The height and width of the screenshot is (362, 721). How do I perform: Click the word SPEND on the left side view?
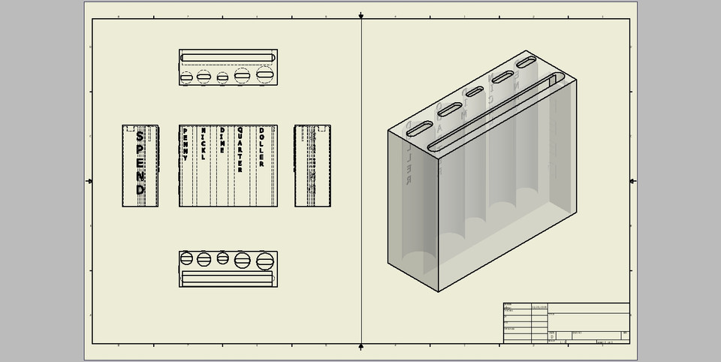[140, 163]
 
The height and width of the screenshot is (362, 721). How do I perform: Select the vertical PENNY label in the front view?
[186, 144]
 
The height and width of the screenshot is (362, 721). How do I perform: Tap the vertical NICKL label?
[203, 143]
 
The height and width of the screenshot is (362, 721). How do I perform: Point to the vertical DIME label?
[222, 140]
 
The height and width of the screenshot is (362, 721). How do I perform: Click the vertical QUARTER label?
[240, 149]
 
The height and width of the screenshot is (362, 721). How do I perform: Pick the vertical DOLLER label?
[261, 147]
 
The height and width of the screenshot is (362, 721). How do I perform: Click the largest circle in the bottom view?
[265, 261]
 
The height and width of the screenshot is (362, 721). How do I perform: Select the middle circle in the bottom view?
[223, 258]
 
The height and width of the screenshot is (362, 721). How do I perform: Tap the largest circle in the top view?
[265, 75]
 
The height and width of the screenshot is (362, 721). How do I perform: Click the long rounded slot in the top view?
[228, 57]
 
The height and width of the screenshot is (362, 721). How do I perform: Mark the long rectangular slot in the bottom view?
[228, 278]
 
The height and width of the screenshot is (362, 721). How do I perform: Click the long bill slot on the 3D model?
[496, 110]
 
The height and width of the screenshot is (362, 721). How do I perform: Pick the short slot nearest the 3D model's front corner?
[419, 128]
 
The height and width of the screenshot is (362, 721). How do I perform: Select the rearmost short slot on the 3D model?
[526, 62]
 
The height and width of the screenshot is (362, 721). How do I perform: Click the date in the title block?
[540, 307]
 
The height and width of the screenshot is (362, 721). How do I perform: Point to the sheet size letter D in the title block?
[552, 337]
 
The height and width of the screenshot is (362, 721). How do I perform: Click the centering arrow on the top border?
[361, 15]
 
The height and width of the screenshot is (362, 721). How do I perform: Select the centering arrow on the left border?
[89, 181]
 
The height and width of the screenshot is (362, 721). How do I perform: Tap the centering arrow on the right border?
[632, 181]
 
